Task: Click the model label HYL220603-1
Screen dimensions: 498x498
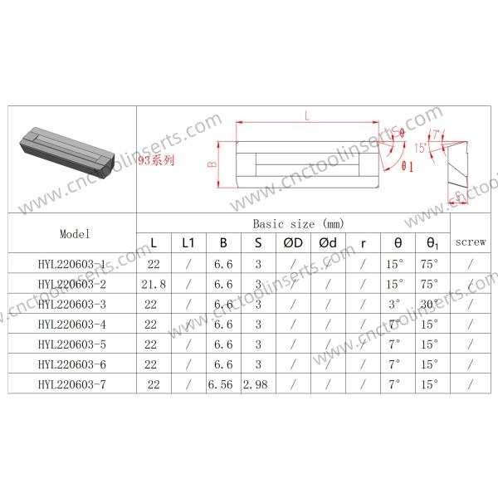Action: click(72, 264)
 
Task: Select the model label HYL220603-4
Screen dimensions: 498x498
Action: click(72, 324)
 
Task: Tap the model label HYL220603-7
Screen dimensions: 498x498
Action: click(72, 383)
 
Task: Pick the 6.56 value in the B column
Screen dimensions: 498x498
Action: click(222, 383)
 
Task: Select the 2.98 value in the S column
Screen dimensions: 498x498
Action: click(257, 383)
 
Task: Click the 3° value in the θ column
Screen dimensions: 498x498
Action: click(394, 304)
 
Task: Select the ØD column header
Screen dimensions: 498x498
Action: click(293, 243)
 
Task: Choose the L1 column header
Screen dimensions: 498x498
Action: click(188, 243)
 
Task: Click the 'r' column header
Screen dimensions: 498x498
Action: click(363, 243)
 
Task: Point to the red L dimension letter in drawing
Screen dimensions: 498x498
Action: click(308, 117)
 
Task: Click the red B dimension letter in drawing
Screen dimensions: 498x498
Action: click(212, 164)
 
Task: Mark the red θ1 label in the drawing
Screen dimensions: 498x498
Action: click(408, 167)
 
